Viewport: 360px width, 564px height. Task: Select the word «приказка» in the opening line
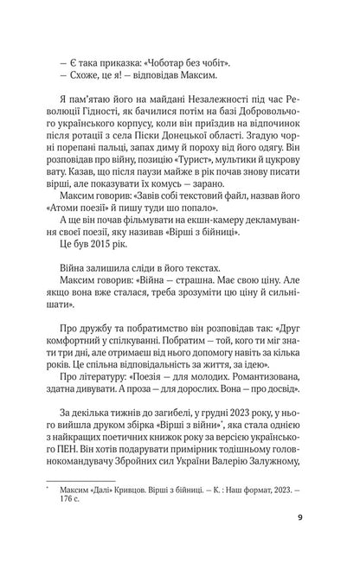point(107,65)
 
